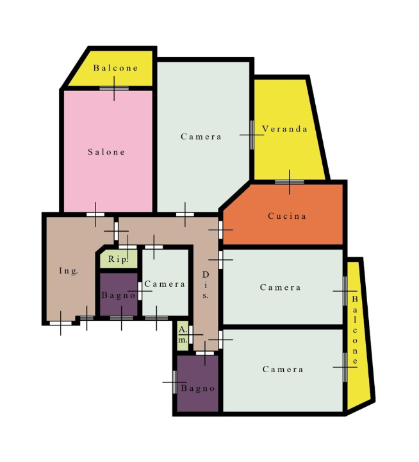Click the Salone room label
pyautogui.click(x=106, y=151)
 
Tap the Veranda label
pyautogui.click(x=284, y=129)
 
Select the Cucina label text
pyautogui.click(x=287, y=216)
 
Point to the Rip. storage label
pyautogui.click(x=119, y=259)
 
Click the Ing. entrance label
pyautogui.click(x=69, y=271)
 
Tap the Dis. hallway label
pyautogui.click(x=206, y=285)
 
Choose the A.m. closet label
pyautogui.click(x=183, y=335)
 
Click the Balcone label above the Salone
pyautogui.click(x=115, y=68)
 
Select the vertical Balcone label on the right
pyautogui.click(x=355, y=330)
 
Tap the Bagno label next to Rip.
pyautogui.click(x=119, y=295)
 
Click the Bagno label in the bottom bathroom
pyautogui.click(x=198, y=388)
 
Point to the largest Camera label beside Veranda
pyautogui.click(x=201, y=137)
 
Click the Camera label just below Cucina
pyautogui.click(x=281, y=287)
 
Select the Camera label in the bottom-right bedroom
pyautogui.click(x=283, y=369)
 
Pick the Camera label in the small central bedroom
pyautogui.click(x=165, y=284)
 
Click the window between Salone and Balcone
pyautogui.click(x=114, y=89)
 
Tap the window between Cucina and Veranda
pyautogui.click(x=290, y=182)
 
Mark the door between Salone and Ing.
pyautogui.click(x=95, y=214)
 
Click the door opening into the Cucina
pyautogui.click(x=220, y=230)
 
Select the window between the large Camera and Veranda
pyautogui.click(x=252, y=135)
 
